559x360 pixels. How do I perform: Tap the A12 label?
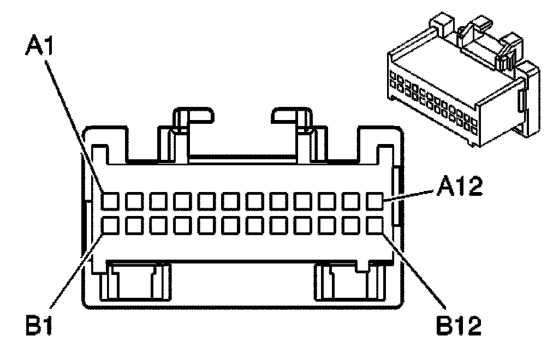click(x=461, y=188)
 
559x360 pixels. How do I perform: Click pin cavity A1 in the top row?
click(x=110, y=201)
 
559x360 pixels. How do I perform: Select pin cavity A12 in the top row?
click(x=375, y=201)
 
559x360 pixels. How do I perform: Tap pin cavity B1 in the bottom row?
click(x=110, y=225)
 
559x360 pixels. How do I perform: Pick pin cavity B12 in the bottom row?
click(x=375, y=225)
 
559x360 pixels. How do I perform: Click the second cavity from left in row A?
click(x=134, y=201)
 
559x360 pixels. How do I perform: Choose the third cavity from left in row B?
click(x=158, y=225)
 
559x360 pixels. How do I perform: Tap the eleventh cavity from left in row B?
click(x=351, y=225)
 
